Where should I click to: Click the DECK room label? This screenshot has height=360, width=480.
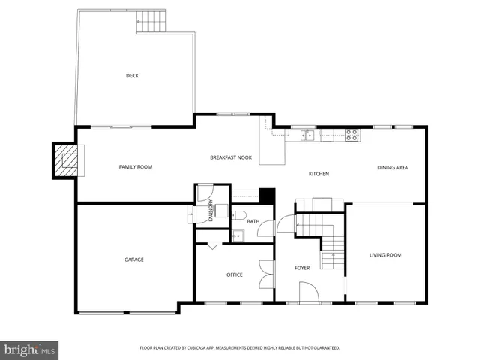[132, 75]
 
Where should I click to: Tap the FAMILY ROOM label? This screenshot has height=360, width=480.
[135, 166]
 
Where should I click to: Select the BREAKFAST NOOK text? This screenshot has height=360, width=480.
[230, 157]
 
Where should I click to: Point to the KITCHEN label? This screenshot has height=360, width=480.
[319, 174]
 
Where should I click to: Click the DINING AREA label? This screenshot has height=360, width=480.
[392, 167]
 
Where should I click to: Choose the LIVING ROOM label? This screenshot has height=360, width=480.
[385, 255]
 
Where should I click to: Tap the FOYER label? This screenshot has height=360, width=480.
[302, 267]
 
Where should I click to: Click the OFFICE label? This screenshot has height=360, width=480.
[235, 274]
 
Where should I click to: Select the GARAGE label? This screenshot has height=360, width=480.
[134, 259]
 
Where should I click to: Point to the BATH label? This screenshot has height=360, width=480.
[253, 221]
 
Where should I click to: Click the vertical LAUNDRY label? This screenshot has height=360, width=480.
[211, 210]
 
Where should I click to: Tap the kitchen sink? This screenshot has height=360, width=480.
[307, 135]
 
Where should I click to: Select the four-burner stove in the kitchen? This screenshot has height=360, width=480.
[352, 135]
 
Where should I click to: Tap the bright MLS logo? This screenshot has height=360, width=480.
[30, 349]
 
